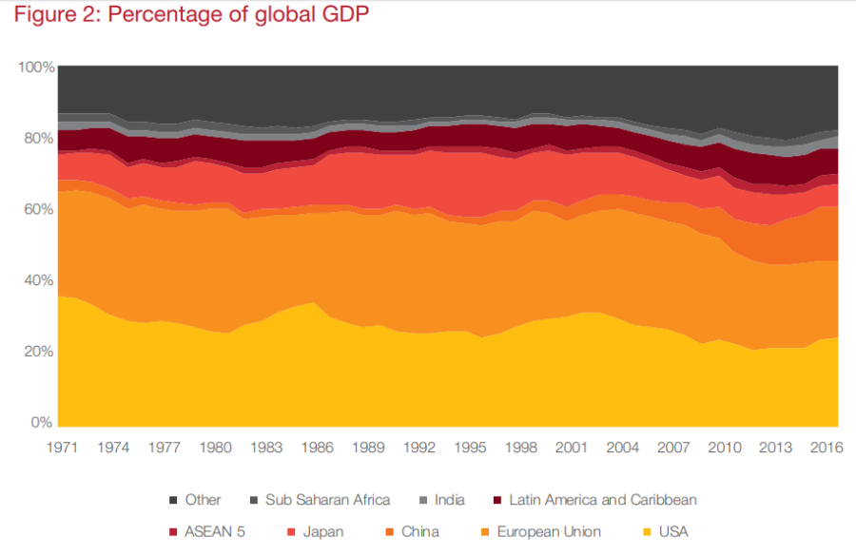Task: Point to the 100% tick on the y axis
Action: [x=35, y=67]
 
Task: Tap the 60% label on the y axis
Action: [x=35, y=209]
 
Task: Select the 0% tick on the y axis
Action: [x=41, y=422]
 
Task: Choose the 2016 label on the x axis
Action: [x=825, y=449]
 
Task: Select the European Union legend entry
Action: [x=546, y=531]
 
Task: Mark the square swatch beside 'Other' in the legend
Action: [x=173, y=500]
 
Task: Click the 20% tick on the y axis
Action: [x=35, y=351]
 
